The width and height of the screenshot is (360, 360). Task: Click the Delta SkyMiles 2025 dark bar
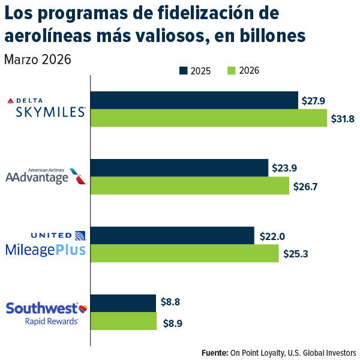coord(194,100)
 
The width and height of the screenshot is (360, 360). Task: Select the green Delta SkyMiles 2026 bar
coord(208,118)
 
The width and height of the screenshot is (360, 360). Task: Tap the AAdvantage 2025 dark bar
coord(179,168)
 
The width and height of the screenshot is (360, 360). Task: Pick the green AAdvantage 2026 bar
coord(189,186)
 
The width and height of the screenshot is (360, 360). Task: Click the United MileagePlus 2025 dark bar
coord(172,236)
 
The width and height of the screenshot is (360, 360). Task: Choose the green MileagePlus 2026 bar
coord(184,253)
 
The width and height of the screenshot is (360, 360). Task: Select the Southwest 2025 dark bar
coord(123,303)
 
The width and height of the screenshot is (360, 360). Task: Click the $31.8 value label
coord(343,119)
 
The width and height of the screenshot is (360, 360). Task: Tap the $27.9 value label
coord(314,101)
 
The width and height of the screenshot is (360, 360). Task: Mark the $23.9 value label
coord(284,169)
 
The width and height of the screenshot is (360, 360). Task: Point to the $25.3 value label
coord(295,254)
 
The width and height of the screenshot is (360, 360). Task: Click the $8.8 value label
coord(171,304)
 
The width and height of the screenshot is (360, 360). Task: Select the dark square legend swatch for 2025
coord(184,71)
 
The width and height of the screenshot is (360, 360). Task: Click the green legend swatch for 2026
coord(231,71)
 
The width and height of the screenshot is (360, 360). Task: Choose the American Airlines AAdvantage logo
coord(45,176)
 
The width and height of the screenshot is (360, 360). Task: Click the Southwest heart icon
coord(83,308)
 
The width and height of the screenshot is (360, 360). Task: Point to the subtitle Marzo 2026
coord(38,59)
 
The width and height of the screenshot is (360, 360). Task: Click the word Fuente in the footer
coord(214,352)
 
